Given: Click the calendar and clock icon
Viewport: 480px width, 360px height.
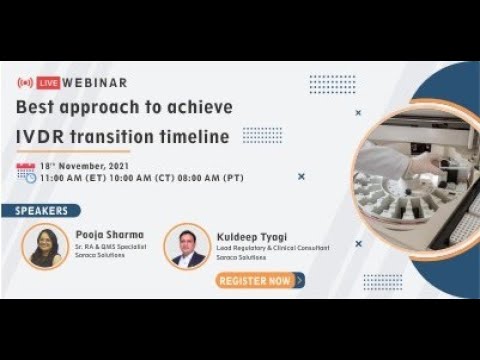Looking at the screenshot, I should pyautogui.click(x=27, y=171).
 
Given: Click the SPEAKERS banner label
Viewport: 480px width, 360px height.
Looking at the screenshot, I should pyautogui.click(x=43, y=210).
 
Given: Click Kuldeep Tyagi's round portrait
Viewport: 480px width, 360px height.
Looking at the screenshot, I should pyautogui.click(x=187, y=245).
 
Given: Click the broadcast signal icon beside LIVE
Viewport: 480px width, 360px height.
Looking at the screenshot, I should pyautogui.click(x=24, y=82).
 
